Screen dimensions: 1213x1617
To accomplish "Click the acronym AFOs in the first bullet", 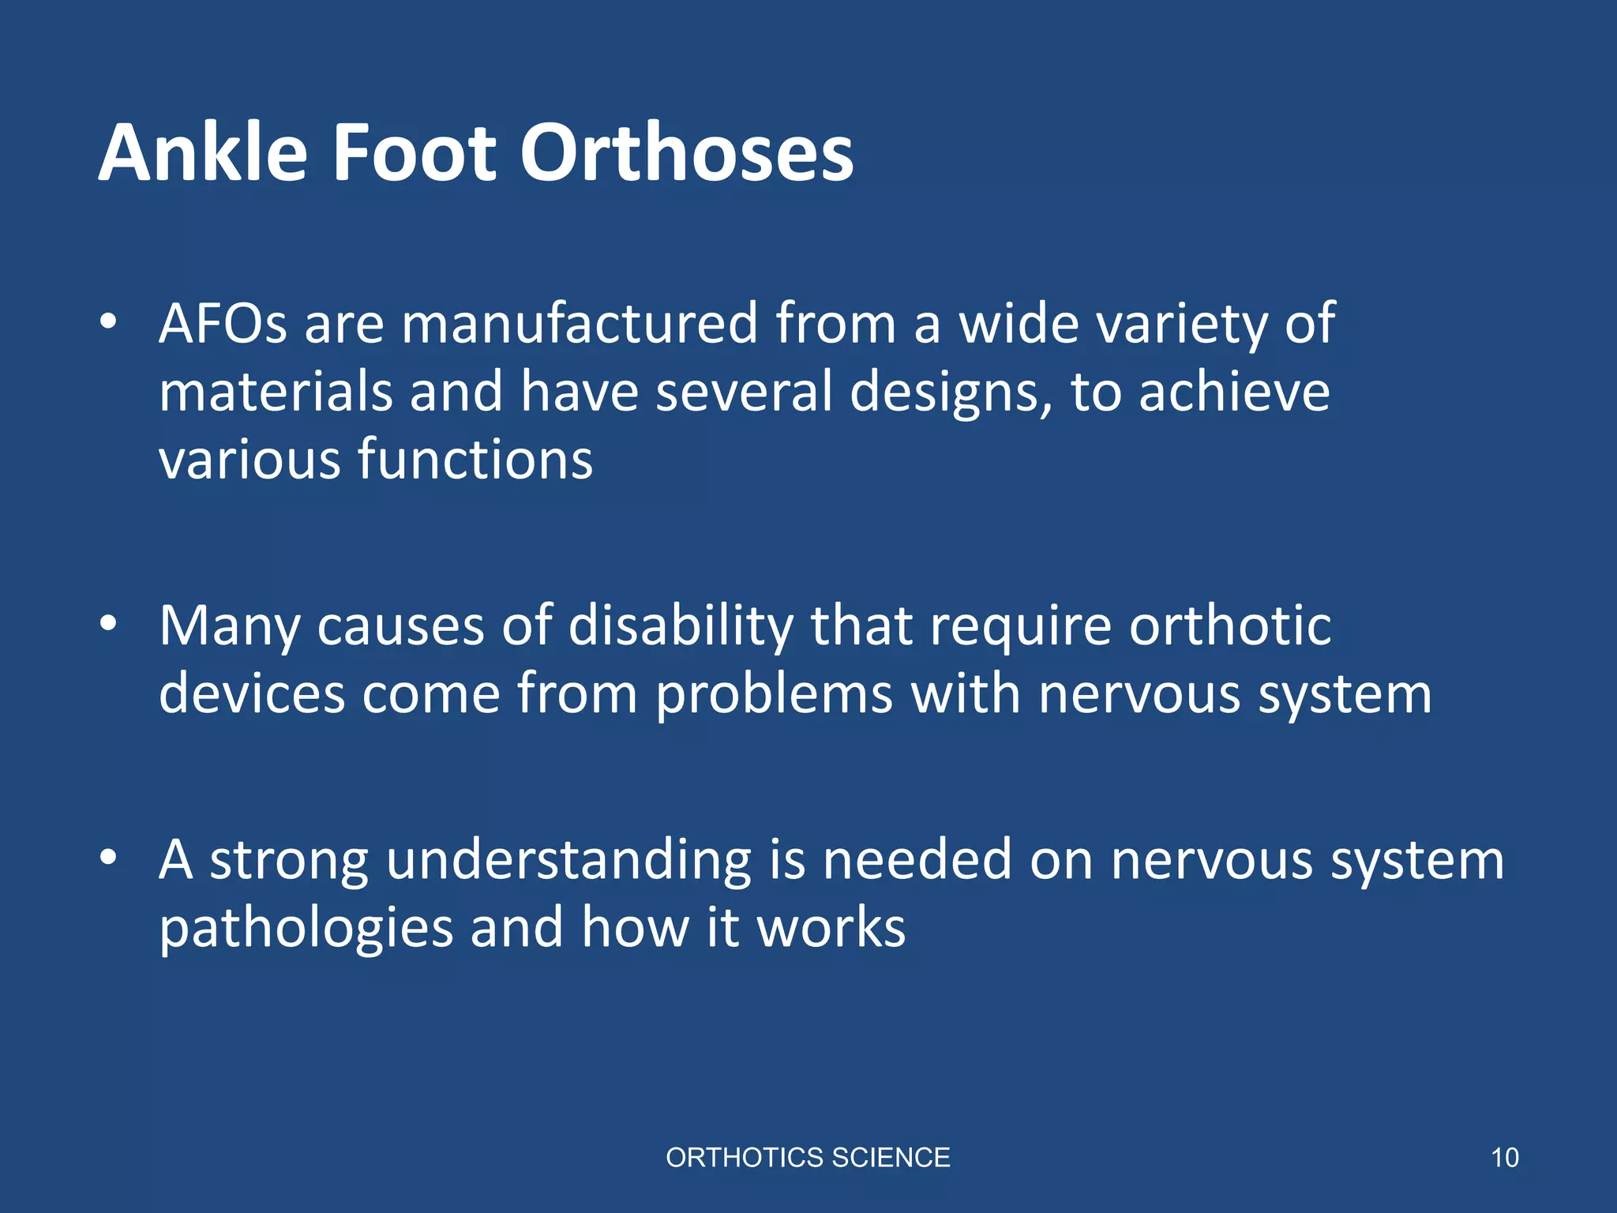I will coord(223,324).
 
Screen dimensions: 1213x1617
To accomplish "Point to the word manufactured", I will coord(580,324).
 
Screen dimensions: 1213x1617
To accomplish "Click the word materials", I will coord(276,392).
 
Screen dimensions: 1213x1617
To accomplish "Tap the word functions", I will coord(475,460).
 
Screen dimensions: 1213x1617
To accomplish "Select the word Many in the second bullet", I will coord(229,626).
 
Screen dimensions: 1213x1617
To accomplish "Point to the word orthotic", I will coord(1230,626).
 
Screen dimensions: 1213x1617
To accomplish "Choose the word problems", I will coord(774,695).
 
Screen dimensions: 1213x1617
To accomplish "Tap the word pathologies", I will coord(306,929).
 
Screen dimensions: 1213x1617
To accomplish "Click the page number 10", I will coord(1504,1158).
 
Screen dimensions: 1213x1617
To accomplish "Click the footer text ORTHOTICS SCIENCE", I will coord(808,1158).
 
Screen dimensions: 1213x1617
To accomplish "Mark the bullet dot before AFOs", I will coord(108,321).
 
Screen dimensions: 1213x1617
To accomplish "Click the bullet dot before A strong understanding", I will coord(108,858).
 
